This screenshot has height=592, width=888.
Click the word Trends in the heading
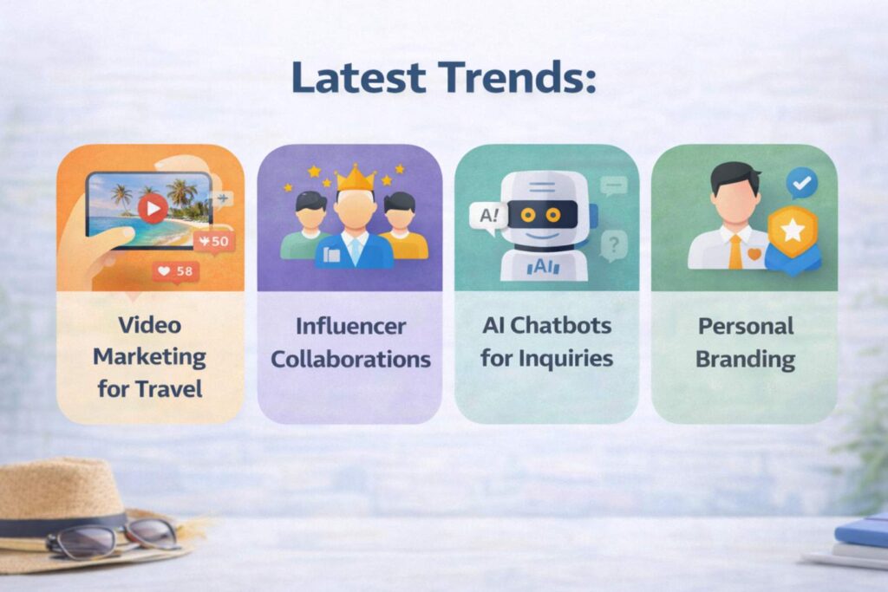coord(518,78)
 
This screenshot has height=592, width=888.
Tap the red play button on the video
coord(153,208)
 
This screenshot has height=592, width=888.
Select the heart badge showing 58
coord(175,272)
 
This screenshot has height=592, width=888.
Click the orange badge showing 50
coord(213,241)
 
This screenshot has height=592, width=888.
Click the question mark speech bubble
coord(613,244)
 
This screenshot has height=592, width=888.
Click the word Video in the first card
coord(150,325)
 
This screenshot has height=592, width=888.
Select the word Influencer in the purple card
coord(350,326)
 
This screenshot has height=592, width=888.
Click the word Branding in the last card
coord(745,358)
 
